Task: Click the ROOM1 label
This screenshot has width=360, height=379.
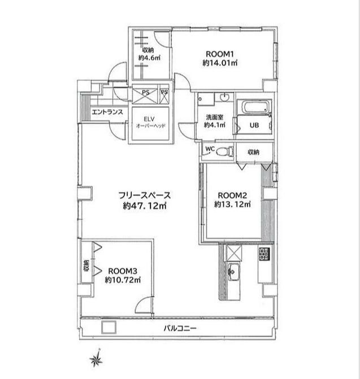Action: [x=219, y=54]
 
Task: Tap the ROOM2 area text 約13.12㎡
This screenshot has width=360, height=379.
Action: [x=232, y=204]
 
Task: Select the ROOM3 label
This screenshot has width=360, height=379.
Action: [x=123, y=271]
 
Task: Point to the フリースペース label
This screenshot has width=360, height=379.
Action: [x=145, y=195]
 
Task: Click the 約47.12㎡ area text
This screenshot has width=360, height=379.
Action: [x=145, y=206]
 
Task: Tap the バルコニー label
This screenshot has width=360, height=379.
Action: [x=180, y=328]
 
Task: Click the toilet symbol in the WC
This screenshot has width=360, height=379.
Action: [x=224, y=152]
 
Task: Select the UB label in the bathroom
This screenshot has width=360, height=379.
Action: [x=254, y=125]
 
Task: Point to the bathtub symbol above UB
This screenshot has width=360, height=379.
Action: [x=255, y=107]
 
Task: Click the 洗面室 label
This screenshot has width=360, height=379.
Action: [x=215, y=117]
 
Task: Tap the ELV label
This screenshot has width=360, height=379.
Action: [x=149, y=119]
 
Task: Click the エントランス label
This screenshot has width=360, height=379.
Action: [x=107, y=112]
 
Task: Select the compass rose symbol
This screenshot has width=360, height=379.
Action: [x=97, y=359]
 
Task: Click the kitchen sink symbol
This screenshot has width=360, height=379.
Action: [x=233, y=272]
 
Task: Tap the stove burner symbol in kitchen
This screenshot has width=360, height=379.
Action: [x=264, y=254]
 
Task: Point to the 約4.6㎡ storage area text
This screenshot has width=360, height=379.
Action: [x=149, y=58]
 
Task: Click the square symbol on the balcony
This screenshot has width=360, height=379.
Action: [x=109, y=328]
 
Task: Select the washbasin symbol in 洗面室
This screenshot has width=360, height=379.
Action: [x=225, y=97]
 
